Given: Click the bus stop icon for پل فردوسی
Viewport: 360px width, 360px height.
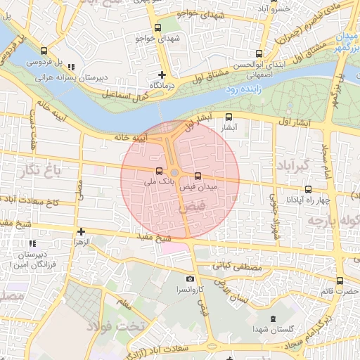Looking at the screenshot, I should point(44,51).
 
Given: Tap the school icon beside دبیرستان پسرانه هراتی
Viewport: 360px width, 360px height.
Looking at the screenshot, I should point(70,67).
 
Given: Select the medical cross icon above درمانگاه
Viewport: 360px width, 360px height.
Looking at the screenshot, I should point(162,74).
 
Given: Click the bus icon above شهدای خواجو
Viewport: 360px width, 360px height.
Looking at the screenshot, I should point(157,28).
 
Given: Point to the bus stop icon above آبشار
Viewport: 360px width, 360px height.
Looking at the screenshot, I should point(229,118).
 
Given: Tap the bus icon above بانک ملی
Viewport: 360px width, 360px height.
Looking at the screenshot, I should point(159,171).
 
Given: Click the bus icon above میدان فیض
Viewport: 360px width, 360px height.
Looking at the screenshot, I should point(197,176).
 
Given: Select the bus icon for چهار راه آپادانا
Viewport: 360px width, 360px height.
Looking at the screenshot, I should point(308,189).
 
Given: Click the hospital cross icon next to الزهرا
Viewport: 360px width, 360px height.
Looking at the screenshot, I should point(81,231).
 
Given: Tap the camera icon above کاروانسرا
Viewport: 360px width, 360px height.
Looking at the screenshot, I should point(190,279).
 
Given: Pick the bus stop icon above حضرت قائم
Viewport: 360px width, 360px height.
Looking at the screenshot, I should point(340,281).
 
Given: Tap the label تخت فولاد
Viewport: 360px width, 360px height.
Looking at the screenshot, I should point(115,326).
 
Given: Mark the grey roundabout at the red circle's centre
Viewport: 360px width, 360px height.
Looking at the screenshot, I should point(174,172).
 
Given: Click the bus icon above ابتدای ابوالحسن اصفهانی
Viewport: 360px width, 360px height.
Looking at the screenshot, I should point(259,53).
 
